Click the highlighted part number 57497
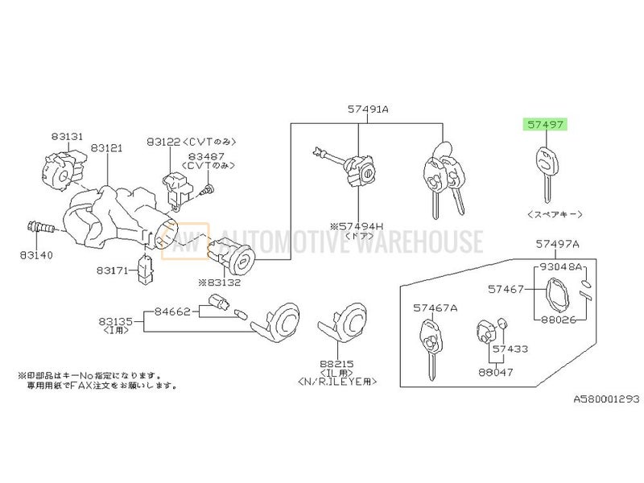point(547,125)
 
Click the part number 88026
point(559,319)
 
